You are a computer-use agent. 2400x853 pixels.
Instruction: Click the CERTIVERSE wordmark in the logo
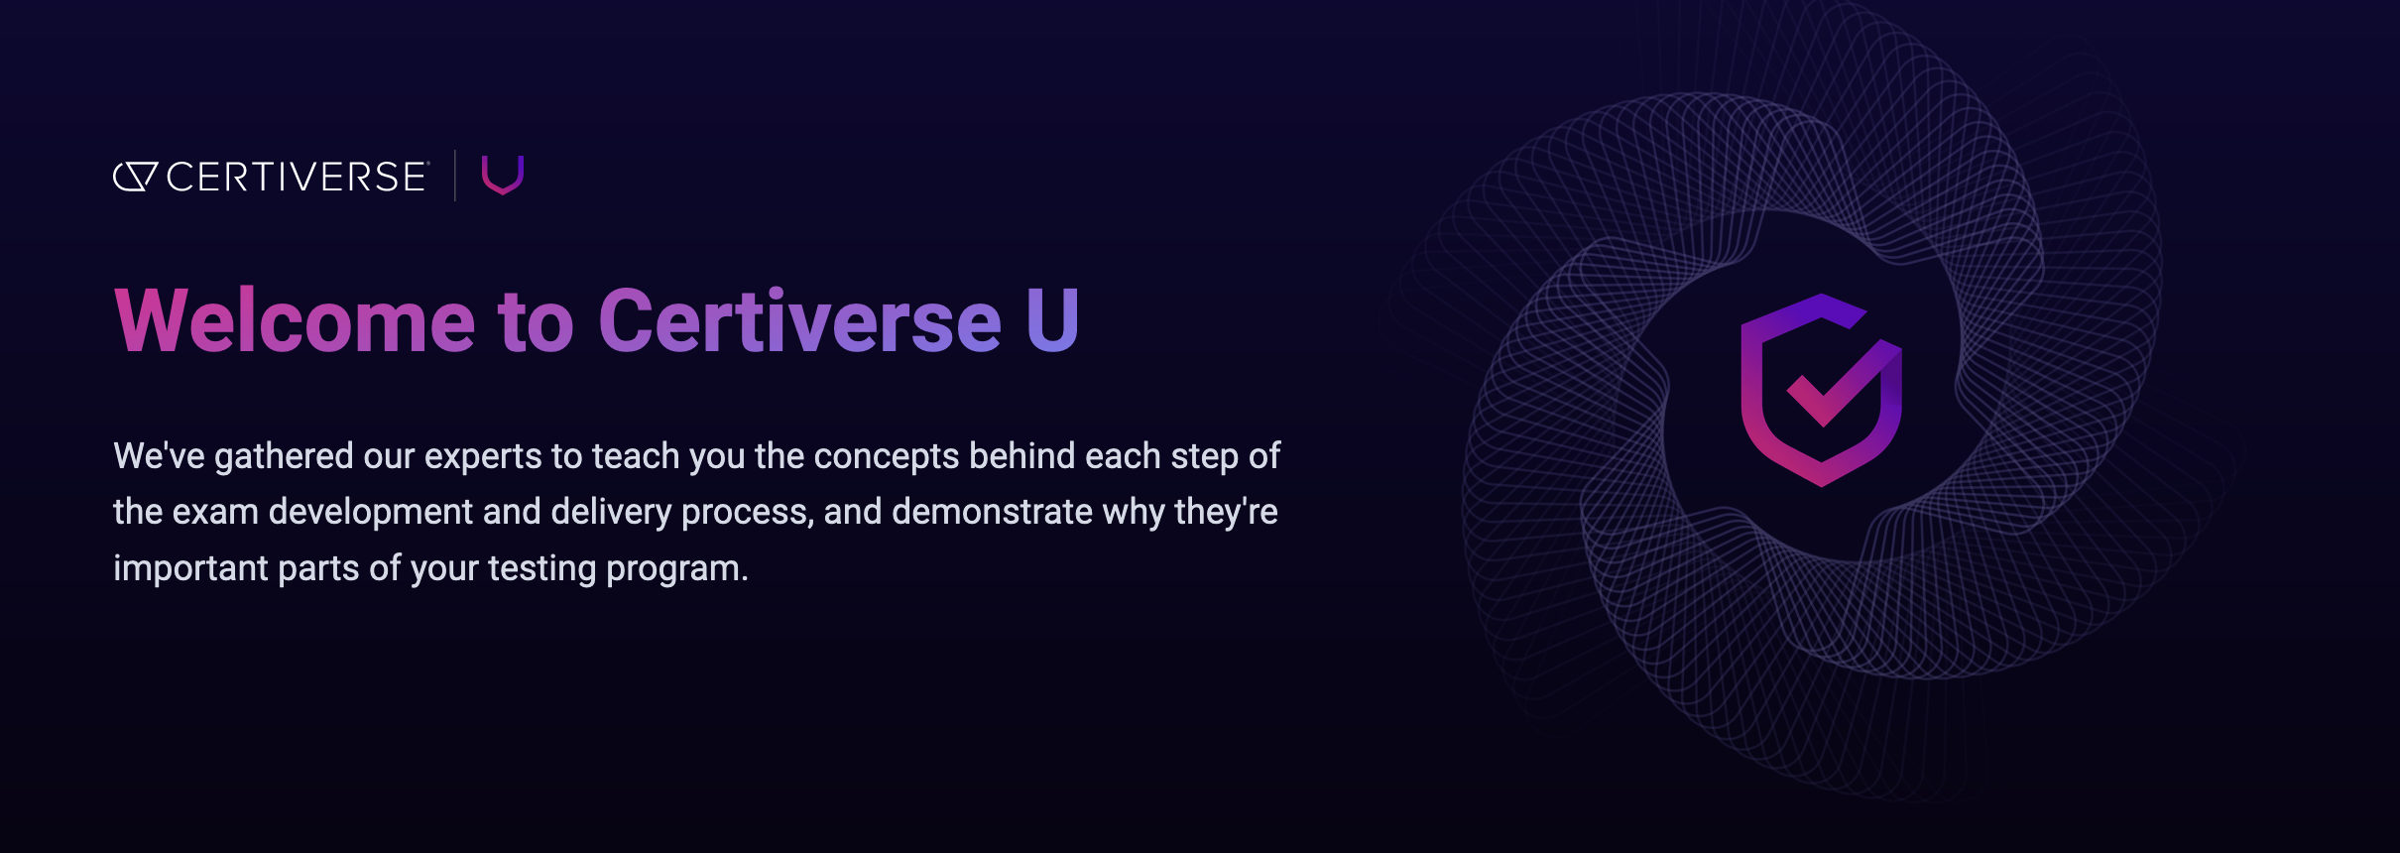tap(296, 178)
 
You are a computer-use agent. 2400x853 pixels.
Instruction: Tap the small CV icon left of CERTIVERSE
tap(135, 177)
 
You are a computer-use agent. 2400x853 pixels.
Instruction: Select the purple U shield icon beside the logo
tap(503, 175)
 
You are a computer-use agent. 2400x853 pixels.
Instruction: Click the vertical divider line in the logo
tap(455, 176)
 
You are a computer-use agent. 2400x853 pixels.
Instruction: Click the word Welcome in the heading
tap(295, 321)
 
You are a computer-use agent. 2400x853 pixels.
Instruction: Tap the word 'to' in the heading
tap(536, 321)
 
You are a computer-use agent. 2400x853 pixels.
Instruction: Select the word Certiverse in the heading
tap(799, 321)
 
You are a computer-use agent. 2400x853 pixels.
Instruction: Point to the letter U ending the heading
tap(1052, 321)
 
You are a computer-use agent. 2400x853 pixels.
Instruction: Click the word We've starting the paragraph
tap(159, 456)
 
